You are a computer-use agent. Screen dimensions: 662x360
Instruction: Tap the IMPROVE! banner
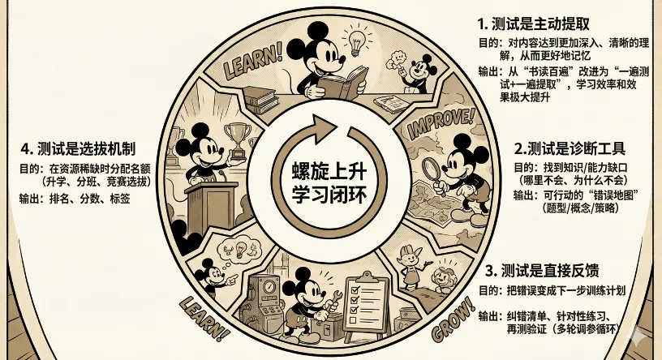click(x=439, y=122)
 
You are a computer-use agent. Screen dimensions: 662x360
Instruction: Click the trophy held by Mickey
click(x=237, y=135)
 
